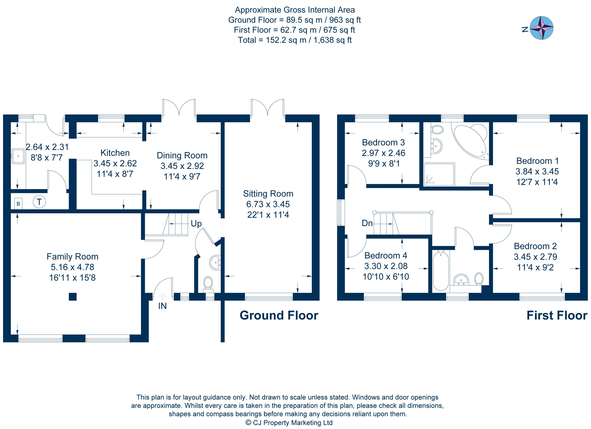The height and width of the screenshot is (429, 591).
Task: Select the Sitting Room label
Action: click(268, 194)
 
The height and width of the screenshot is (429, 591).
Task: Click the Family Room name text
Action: click(72, 257)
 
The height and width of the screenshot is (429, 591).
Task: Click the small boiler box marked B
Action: click(18, 203)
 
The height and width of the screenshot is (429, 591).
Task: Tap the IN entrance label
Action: click(162, 306)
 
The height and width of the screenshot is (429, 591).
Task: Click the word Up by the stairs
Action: click(196, 224)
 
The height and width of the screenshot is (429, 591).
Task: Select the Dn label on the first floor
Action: click(367, 223)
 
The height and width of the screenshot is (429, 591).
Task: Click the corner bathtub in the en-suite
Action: click(471, 142)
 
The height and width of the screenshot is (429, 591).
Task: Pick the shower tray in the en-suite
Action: click(439, 174)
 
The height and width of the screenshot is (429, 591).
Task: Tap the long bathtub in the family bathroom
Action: click(441, 270)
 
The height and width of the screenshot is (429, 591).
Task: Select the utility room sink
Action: click(18, 156)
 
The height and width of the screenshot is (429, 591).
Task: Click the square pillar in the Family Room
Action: click(73, 297)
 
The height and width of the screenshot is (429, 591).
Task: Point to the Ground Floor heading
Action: click(279, 315)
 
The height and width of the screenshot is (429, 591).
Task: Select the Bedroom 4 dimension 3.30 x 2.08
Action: click(386, 266)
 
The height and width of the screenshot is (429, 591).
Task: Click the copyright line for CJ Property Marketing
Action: click(289, 423)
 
